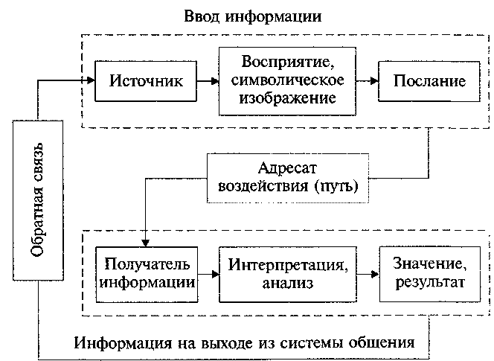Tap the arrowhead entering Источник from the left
coord(90,80)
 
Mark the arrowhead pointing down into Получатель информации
coord(146,242)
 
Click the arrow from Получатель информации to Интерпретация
coord(211,274)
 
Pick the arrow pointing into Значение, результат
coord(369,274)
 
